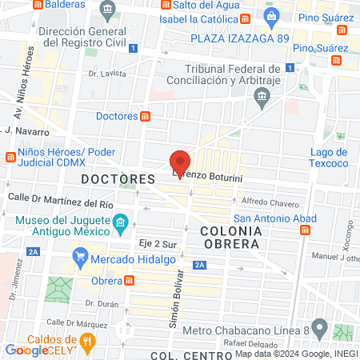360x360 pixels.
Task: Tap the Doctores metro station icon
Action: click(x=146, y=116)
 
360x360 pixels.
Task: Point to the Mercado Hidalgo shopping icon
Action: click(x=79, y=258)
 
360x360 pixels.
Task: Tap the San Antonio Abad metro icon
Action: click(x=305, y=230)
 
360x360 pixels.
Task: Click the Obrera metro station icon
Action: click(x=129, y=281)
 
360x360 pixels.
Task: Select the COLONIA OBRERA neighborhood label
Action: click(x=230, y=236)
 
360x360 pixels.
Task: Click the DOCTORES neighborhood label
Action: click(x=117, y=179)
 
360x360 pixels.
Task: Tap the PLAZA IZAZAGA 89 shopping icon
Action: click(x=271, y=15)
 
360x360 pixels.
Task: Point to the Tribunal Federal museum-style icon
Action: click(x=261, y=97)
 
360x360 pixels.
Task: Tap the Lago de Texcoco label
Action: click(x=329, y=158)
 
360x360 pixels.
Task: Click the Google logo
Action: click(x=26, y=350)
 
